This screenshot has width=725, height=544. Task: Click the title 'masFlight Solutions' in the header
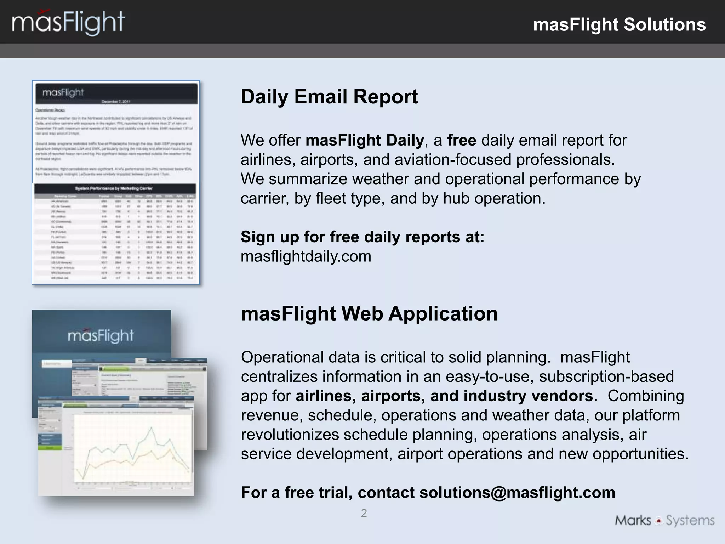(619, 25)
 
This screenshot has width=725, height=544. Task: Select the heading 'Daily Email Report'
(329, 97)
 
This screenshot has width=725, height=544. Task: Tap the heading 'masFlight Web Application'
(369, 314)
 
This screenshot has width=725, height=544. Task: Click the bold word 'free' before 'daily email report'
(462, 140)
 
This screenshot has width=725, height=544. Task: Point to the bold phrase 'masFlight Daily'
(365, 140)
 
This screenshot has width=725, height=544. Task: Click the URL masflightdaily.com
(306, 256)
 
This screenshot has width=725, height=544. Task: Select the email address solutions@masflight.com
(517, 493)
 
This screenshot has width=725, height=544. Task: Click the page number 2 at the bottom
(364, 513)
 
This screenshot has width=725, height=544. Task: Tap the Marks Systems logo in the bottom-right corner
(664, 520)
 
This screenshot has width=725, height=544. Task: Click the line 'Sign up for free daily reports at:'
(362, 237)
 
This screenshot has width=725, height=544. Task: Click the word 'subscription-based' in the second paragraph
(606, 376)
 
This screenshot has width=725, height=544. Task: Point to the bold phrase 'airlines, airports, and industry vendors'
(444, 396)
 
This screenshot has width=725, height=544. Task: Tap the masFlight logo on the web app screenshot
(101, 336)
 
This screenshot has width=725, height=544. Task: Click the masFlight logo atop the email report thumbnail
(63, 92)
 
